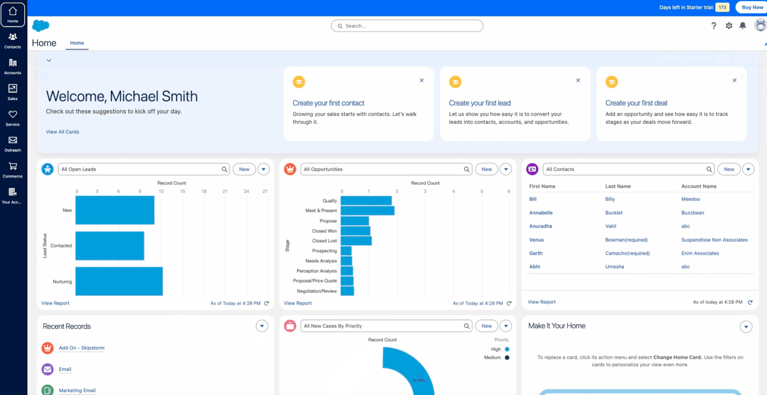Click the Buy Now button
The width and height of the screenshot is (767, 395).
point(752,7)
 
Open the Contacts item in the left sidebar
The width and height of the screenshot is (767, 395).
point(13,40)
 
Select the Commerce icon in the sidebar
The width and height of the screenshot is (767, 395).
point(13,170)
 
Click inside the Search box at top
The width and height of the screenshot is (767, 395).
point(407,26)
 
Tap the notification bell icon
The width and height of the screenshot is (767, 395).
point(743,26)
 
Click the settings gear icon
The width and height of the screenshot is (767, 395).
point(729,26)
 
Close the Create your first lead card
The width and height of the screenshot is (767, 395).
point(578,80)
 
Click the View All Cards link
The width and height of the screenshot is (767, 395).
point(62,132)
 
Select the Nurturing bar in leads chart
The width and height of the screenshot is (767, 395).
point(119,281)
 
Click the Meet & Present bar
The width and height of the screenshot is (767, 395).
point(367,210)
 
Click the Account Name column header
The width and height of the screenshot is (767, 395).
point(698,186)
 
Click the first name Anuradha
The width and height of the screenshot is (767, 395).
point(540,226)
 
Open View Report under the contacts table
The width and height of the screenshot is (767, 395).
point(541,302)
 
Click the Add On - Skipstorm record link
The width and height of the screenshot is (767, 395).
point(81,348)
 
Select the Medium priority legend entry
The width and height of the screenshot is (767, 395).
point(492,358)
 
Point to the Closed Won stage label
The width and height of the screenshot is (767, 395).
point(324,231)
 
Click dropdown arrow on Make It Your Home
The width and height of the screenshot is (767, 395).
point(746,327)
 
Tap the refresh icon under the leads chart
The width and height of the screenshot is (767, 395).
point(267,303)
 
